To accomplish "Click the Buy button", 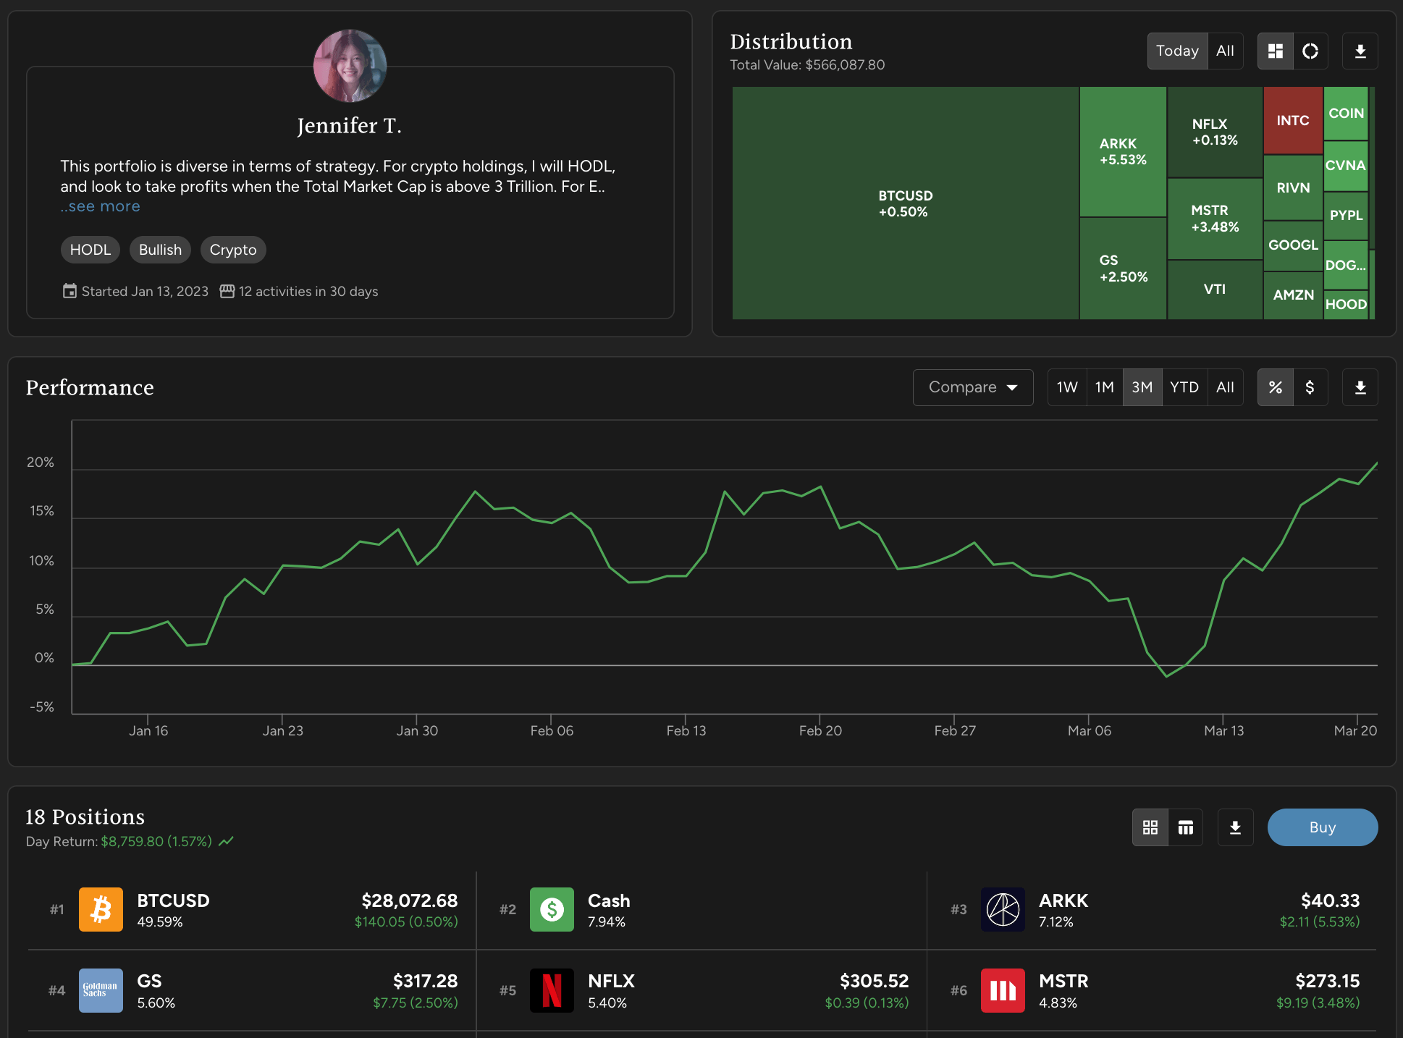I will click(x=1322, y=827).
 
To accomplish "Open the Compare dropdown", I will click(x=972, y=387).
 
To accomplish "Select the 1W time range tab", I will click(x=1066, y=387).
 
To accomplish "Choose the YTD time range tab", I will click(x=1184, y=387).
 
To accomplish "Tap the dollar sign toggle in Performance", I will click(x=1310, y=387).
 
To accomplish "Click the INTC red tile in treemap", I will click(x=1292, y=120).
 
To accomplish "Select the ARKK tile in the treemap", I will click(x=1122, y=151).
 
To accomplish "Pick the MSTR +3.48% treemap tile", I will click(x=1215, y=218).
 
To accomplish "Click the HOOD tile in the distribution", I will click(x=1345, y=305).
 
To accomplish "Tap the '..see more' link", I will click(x=101, y=206).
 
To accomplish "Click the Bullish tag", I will click(x=160, y=250).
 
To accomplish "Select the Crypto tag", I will click(x=233, y=250).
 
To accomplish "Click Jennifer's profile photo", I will click(x=350, y=66).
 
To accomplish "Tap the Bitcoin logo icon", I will click(x=101, y=910).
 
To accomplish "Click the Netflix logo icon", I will click(x=552, y=990).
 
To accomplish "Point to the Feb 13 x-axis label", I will click(x=686, y=730).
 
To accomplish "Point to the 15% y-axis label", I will click(x=41, y=511).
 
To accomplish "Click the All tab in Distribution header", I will click(x=1225, y=51).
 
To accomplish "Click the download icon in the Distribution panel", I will click(x=1360, y=51).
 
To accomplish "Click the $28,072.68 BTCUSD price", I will click(x=409, y=900).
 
